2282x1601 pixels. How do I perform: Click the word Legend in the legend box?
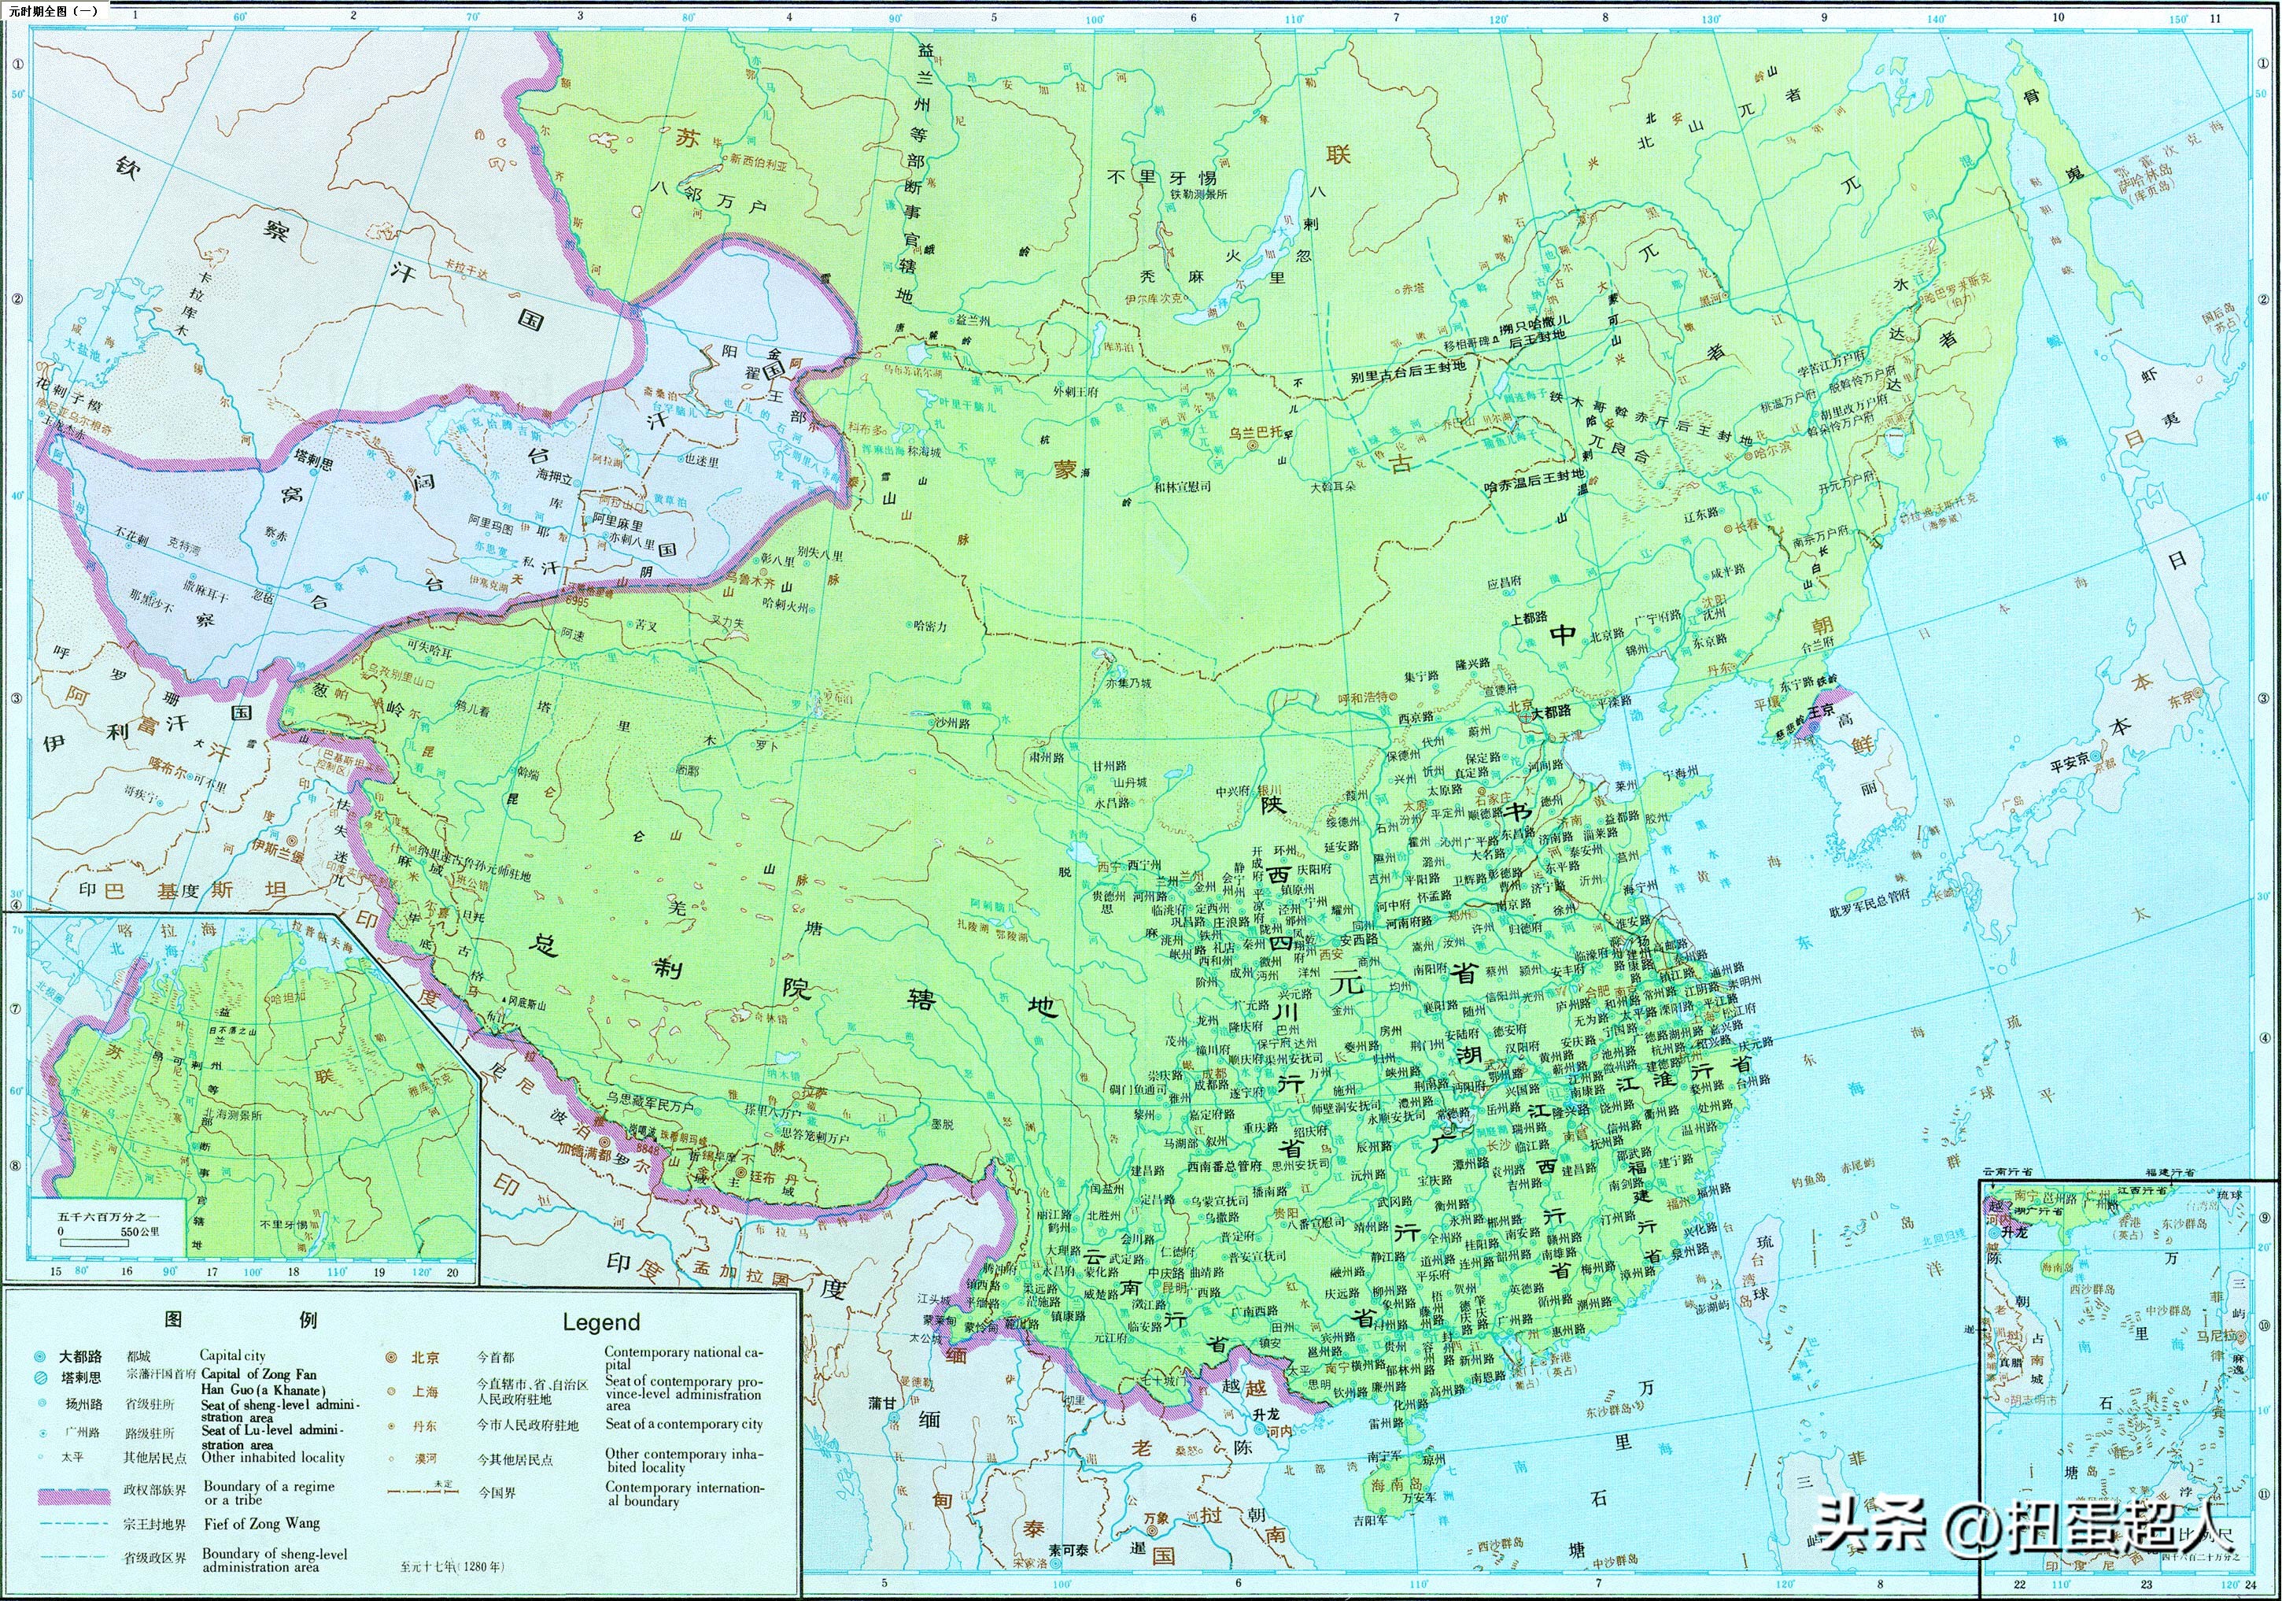pos(600,1322)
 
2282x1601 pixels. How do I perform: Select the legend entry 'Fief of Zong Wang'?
pos(261,1523)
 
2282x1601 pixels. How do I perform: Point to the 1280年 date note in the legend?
pos(452,1566)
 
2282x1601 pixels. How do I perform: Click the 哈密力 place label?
pos(927,627)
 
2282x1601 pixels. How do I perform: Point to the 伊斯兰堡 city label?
pos(276,847)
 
